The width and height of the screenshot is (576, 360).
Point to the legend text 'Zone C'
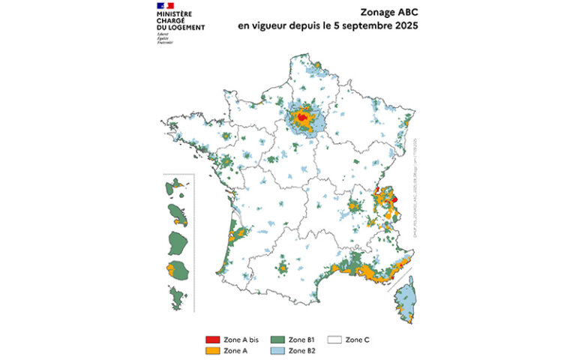coord(357,340)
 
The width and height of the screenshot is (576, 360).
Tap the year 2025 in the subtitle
coord(403,25)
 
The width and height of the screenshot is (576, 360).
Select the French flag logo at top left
coord(165,6)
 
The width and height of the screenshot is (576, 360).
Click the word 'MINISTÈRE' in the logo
coord(174,13)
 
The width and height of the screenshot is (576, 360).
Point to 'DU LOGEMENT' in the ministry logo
coord(181,27)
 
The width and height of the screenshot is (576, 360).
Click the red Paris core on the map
coord(301,118)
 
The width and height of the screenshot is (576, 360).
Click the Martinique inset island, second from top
coord(178,213)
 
